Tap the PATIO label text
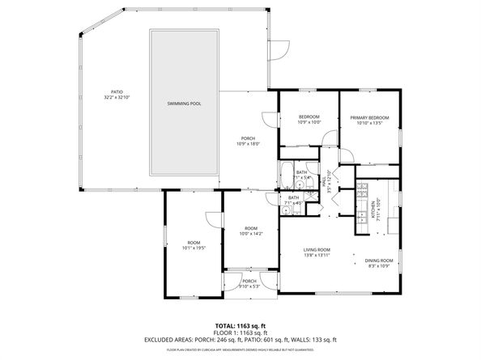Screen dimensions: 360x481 click(117, 92)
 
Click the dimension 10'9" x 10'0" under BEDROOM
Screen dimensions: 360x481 click(309, 123)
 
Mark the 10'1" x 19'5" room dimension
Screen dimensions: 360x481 click(194, 248)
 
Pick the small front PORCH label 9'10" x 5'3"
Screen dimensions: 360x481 click(249, 284)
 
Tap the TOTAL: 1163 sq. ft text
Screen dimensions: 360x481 click(240, 324)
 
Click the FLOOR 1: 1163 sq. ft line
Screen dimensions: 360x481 click(240, 332)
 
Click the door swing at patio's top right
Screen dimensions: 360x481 click(279, 50)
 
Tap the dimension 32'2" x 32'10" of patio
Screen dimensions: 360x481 click(117, 98)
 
